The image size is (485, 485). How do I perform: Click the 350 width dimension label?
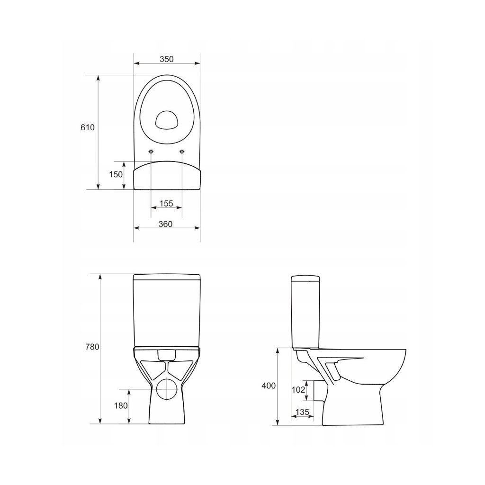[166, 59]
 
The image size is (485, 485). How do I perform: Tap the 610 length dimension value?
[88, 127]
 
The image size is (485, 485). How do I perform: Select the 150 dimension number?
[116, 174]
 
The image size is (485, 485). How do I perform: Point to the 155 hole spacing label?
[166, 203]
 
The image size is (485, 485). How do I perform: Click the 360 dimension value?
[165, 224]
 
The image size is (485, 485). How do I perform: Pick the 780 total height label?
[92, 347]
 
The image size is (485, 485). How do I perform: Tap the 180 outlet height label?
[121, 405]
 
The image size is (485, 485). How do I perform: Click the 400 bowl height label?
[269, 386]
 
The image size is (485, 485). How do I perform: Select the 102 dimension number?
[298, 390]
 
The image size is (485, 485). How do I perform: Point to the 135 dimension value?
[302, 412]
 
